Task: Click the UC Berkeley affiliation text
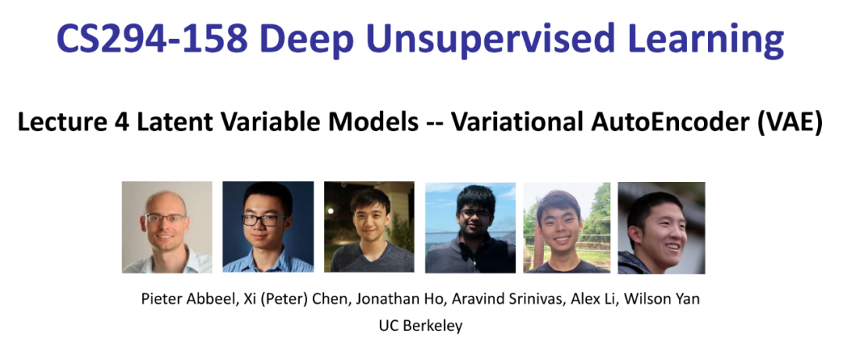(x=421, y=326)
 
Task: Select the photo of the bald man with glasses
(x=166, y=227)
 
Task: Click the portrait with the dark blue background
(x=268, y=227)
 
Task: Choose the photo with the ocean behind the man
(x=470, y=227)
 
